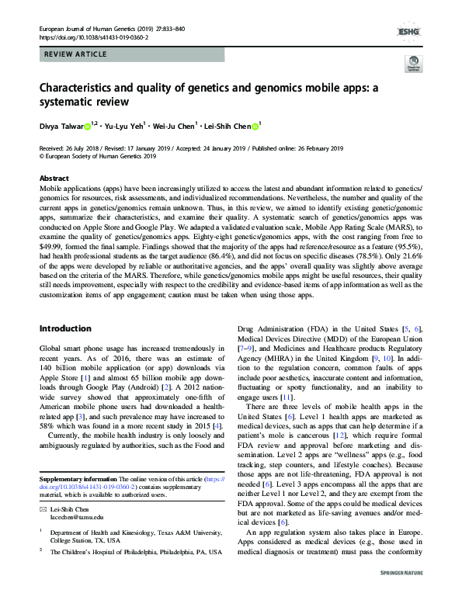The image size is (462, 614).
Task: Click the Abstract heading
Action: [54, 178]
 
